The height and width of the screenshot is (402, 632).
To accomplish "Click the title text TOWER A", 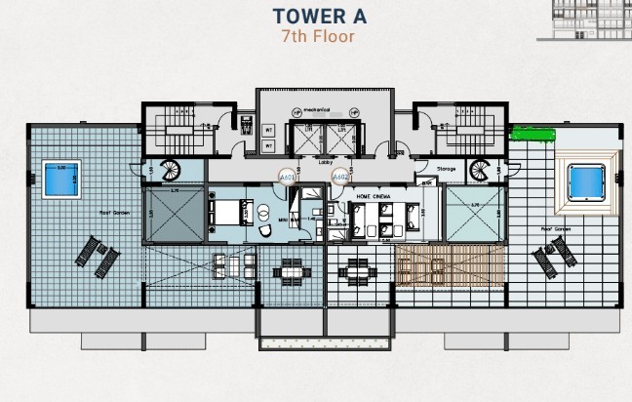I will click(x=315, y=17).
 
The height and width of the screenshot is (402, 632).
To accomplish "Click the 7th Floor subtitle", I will click(x=315, y=37).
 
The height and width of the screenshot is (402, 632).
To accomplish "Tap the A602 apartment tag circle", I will click(x=338, y=179).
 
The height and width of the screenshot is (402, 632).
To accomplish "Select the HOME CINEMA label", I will click(x=375, y=195).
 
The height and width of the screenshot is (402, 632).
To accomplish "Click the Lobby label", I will click(x=326, y=162).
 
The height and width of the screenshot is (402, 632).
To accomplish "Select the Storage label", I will click(x=447, y=169).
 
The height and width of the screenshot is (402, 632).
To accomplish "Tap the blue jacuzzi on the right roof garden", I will click(x=586, y=181).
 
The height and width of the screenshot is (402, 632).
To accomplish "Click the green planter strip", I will click(x=533, y=134).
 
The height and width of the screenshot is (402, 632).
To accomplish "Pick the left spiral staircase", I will click(x=172, y=170).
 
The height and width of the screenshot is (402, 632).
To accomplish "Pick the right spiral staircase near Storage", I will click(x=480, y=170).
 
